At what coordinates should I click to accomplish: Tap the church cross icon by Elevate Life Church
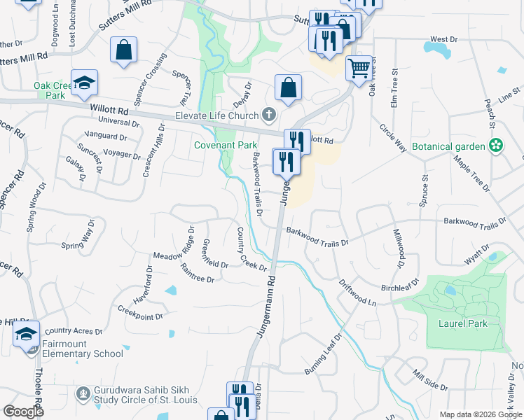268,115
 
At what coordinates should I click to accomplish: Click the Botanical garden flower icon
496,146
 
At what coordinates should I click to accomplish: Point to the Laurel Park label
458,323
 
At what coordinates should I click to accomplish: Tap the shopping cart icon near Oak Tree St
359,69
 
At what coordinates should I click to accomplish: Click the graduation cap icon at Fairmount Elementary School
27,333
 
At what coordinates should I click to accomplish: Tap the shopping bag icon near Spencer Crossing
124,50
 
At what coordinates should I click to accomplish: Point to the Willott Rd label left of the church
109,110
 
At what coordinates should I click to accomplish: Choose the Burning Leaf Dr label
322,354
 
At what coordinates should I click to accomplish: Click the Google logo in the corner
24,412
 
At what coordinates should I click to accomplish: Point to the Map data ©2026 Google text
480,414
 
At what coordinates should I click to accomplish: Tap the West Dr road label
443,39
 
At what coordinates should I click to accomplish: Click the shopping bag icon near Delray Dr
288,88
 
